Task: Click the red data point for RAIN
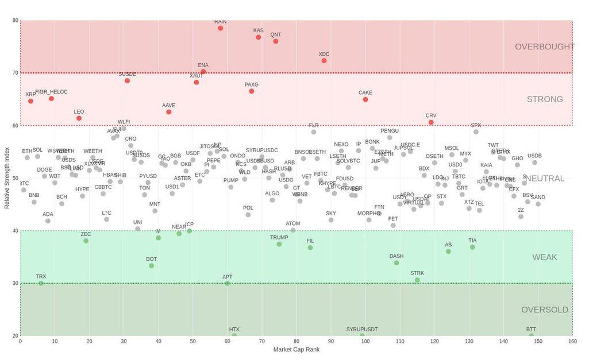coord(221,28)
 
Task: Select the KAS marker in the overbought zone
coord(259,37)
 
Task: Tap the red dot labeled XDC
coord(324,61)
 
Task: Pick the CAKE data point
coord(365,99)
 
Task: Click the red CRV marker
coord(431,122)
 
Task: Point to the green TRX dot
coord(41,283)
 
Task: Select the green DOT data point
coord(152,266)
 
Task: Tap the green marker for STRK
coord(417,280)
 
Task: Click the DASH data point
coord(396,263)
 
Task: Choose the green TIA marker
coord(472,247)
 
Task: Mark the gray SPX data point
coord(476,132)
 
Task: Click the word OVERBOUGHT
coord(544,47)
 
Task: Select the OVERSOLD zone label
coord(544,310)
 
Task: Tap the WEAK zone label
coord(544,257)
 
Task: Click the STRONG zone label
coord(544,99)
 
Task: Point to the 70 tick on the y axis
coord(14,73)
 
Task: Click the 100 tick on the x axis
coord(365,342)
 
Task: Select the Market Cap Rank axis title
coord(296,350)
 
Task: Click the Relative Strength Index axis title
coord(7,178)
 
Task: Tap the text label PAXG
coord(252,85)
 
